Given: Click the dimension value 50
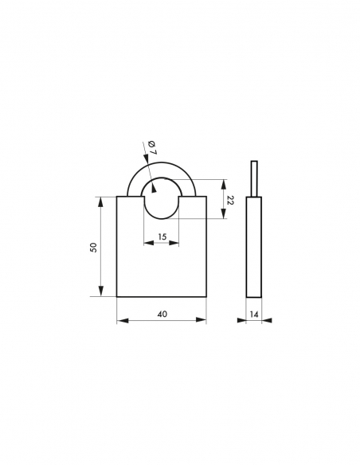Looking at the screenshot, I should coord(93,247).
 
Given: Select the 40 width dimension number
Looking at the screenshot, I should coord(162,315).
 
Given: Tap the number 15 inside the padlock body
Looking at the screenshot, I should coord(162,236).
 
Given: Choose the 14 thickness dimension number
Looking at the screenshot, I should coord(254,315).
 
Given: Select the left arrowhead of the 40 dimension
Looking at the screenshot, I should coord(120,321).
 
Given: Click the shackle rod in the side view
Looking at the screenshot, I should coord(254,178).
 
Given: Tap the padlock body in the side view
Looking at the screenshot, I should coord(254,247).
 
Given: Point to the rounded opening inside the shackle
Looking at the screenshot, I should coord(162,199).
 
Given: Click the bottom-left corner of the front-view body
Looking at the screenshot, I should coord(117,297).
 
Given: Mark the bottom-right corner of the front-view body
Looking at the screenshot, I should coord(206,297).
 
